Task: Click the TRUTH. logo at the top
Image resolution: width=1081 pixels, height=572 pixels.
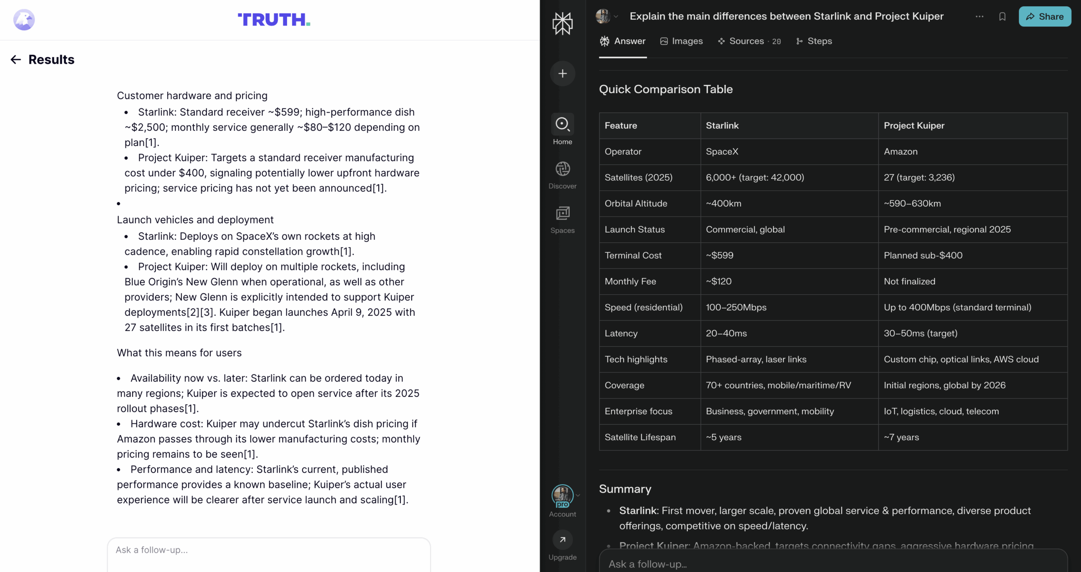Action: (274, 19)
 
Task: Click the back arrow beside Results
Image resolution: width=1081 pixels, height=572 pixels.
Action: (16, 60)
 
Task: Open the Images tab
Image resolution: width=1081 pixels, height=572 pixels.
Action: (682, 41)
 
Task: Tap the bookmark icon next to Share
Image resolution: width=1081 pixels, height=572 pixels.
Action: (1002, 16)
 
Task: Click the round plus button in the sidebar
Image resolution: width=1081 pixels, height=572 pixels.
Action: (562, 73)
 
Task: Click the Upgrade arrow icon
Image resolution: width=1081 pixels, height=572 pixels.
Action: (562, 539)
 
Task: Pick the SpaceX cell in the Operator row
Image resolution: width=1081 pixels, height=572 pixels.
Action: (722, 152)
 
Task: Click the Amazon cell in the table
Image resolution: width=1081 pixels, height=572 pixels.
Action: (901, 152)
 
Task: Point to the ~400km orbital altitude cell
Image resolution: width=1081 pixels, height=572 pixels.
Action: (724, 203)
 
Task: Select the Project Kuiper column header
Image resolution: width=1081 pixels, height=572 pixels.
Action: (914, 125)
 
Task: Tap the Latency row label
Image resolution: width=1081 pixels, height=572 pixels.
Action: (621, 333)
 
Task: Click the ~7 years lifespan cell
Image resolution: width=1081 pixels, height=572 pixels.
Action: (902, 437)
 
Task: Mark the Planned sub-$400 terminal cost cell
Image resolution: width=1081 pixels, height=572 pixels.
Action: (923, 255)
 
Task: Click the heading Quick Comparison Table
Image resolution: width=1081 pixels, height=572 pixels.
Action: (665, 89)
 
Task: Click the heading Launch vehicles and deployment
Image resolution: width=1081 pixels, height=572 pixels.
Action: (195, 220)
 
